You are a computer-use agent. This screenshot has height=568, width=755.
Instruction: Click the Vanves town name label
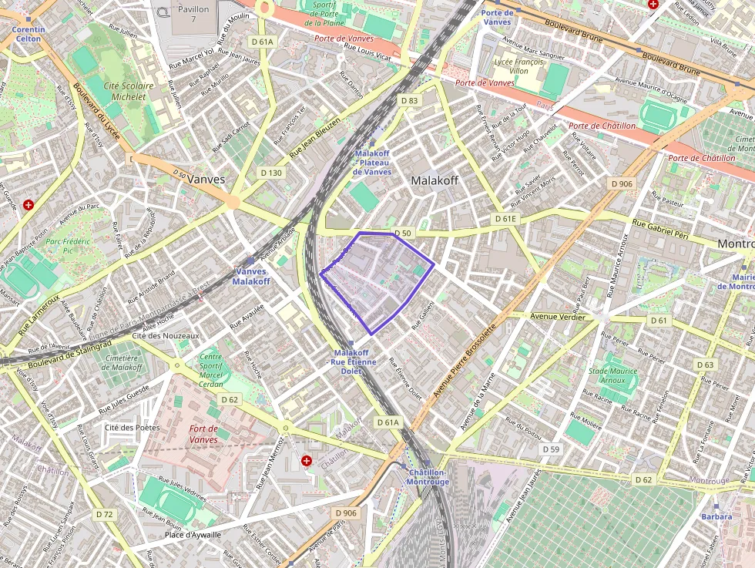click(206, 179)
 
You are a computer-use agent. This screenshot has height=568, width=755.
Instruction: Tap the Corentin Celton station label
click(29, 34)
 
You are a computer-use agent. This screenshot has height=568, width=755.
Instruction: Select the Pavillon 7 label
click(193, 14)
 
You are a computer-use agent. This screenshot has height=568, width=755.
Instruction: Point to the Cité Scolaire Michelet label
click(129, 91)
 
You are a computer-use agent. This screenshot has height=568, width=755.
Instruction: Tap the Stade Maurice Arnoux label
click(612, 375)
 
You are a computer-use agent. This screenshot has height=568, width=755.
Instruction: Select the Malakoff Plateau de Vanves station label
click(372, 162)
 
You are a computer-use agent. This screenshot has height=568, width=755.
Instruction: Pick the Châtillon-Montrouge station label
click(429, 477)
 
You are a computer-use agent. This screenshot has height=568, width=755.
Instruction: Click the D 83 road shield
click(409, 101)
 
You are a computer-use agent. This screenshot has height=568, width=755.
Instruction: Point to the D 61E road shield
click(506, 219)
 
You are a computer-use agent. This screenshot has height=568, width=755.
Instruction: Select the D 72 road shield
click(105, 513)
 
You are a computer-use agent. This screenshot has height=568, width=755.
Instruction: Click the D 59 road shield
click(550, 449)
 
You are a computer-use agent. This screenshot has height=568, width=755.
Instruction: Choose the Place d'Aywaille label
click(193, 535)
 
